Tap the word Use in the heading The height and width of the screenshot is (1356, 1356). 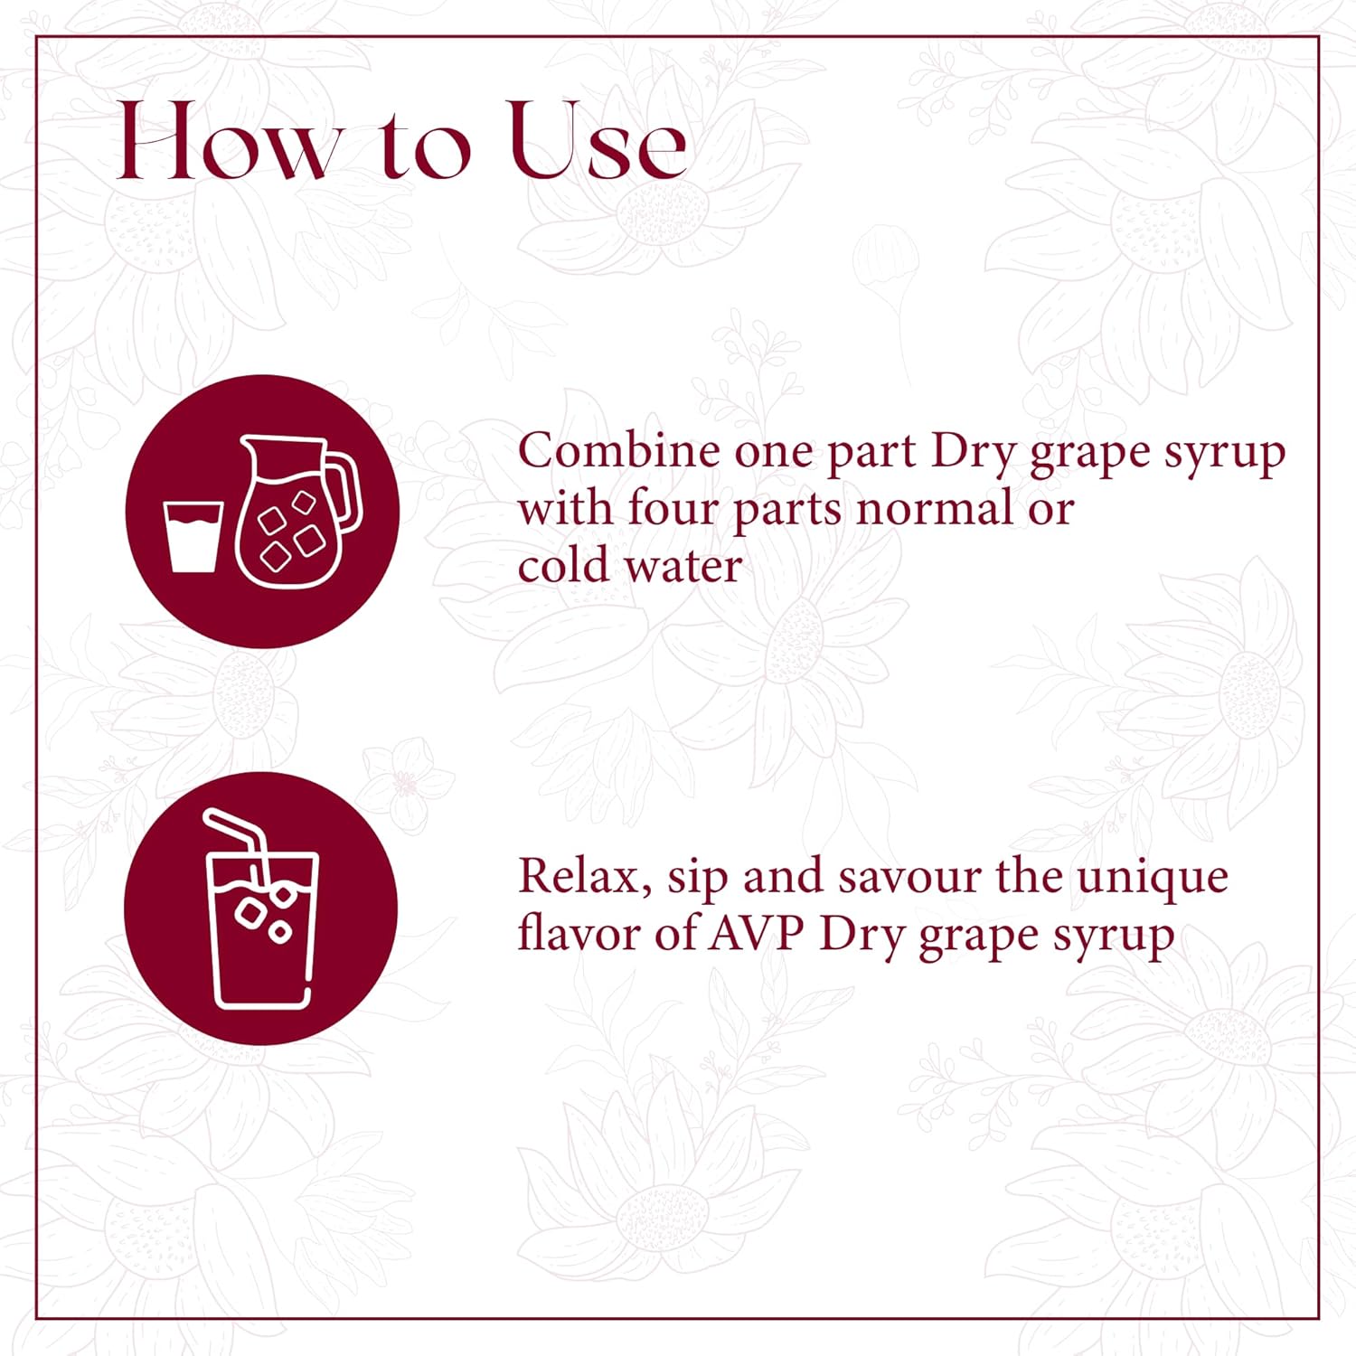pos(598,143)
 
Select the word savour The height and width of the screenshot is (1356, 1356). pos(909,877)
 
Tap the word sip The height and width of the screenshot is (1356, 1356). pos(697,879)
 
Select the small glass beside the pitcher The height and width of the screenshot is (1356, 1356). pos(193,537)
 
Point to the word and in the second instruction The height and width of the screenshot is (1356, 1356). pos(784,877)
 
